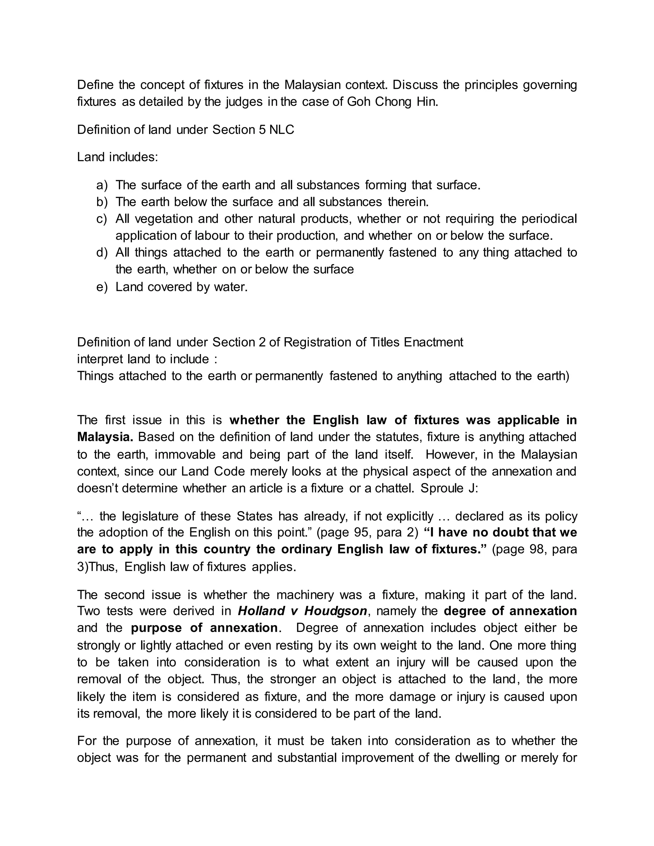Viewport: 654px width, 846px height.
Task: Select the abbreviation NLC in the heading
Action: (x=282, y=130)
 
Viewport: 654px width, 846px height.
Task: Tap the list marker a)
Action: (x=102, y=185)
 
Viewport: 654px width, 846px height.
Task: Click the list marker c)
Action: (x=102, y=219)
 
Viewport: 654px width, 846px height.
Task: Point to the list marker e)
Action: (x=102, y=287)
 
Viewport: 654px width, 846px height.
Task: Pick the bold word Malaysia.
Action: (x=105, y=437)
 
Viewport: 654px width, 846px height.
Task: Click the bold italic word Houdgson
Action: (x=336, y=611)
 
